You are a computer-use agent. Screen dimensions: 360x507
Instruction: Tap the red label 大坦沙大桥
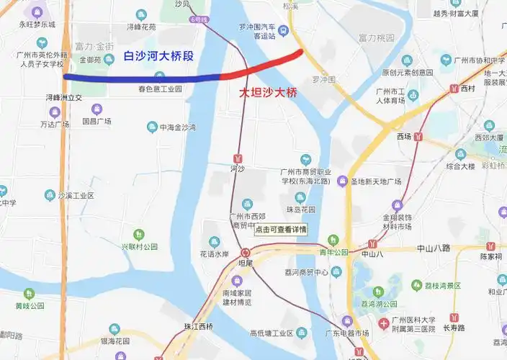268,93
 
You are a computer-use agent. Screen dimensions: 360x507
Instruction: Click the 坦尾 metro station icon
246,253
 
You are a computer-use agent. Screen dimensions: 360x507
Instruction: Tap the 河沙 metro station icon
238,158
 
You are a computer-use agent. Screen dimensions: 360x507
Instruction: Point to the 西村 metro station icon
454,89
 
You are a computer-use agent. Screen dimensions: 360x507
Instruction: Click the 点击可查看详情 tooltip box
281,230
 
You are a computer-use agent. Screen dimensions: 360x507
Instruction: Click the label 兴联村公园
139,246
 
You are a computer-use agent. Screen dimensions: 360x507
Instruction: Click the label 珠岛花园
300,210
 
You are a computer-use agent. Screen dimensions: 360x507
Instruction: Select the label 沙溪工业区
76,196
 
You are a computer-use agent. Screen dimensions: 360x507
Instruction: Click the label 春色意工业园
159,89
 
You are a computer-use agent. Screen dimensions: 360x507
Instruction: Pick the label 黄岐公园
28,305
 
